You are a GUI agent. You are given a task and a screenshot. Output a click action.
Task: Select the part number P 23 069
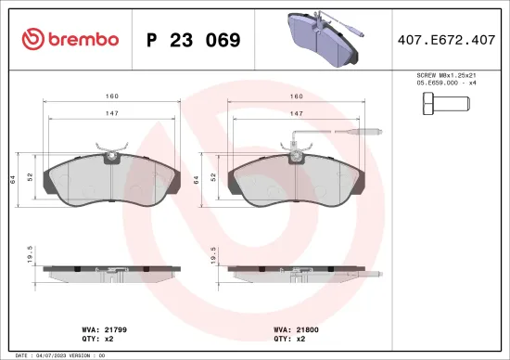pyautogui.click(x=194, y=41)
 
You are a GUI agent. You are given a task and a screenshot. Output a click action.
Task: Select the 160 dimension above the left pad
pyautogui.click(x=110, y=96)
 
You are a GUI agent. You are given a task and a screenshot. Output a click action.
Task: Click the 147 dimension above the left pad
pyautogui.click(x=110, y=112)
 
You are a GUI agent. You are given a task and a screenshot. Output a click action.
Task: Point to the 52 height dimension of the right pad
pyautogui.click(x=213, y=176)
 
